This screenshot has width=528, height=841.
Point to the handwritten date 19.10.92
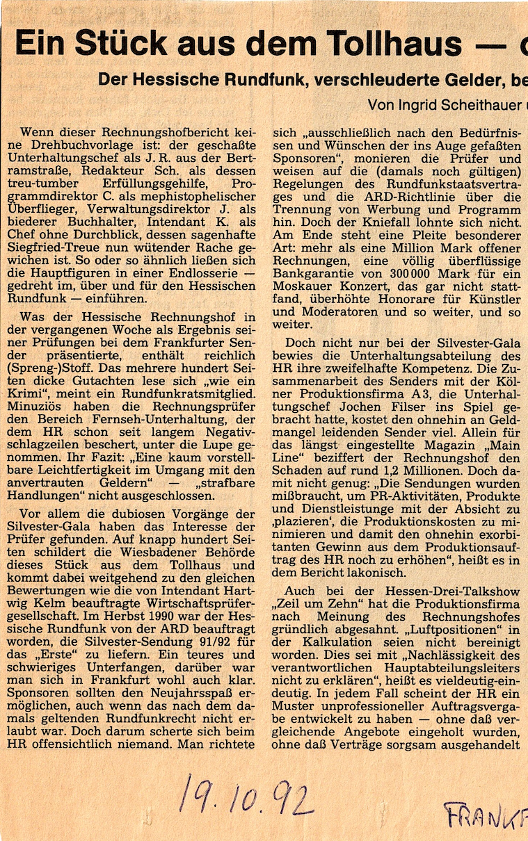tap(247, 795)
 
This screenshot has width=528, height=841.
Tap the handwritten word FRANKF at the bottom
tap(485, 813)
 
